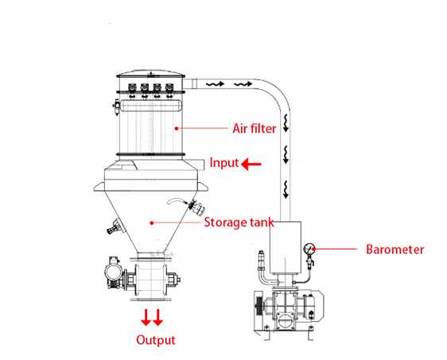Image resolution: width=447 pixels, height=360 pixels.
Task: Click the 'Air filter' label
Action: pos(255,129)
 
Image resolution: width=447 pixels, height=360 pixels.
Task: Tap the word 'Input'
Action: pos(224,163)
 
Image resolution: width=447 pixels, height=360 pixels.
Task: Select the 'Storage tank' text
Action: pos(239,223)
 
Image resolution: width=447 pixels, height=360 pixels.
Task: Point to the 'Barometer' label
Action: pos(395,250)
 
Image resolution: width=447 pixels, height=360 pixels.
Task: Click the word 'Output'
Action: pos(156,340)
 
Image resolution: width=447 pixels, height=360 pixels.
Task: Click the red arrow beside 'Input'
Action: pos(251,164)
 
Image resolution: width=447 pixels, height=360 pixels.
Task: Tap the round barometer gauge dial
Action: pos(309,249)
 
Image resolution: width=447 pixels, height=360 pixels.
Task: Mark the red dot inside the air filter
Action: pos(177,129)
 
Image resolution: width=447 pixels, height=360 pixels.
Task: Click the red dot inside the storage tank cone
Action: pos(152,223)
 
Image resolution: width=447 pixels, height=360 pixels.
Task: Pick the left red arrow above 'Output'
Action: pos(146,317)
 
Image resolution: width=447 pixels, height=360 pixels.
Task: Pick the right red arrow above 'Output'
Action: pos(158,317)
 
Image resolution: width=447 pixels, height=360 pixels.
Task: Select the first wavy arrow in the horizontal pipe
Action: pos(216,84)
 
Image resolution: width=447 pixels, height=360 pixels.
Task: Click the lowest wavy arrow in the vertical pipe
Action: pos(286,189)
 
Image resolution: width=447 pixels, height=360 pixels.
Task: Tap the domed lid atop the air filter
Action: pos(151,73)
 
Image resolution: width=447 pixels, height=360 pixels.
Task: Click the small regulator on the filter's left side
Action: pos(117,106)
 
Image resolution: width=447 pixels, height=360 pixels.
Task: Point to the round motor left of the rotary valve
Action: pos(114,273)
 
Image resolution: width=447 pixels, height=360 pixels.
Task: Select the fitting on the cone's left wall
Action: pos(114,226)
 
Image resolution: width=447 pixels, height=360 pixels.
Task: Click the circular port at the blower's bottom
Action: pos(285,321)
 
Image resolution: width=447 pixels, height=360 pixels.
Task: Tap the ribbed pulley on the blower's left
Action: pos(259,306)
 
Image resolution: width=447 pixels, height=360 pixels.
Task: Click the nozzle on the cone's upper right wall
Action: pos(196,208)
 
